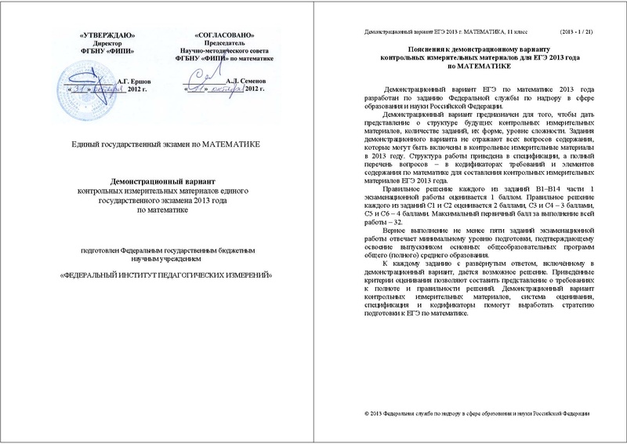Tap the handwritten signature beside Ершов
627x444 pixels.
pos(86,82)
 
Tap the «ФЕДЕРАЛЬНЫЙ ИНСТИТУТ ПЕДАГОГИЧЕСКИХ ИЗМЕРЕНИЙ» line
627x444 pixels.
pos(161,276)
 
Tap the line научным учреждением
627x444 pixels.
pos(160,259)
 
